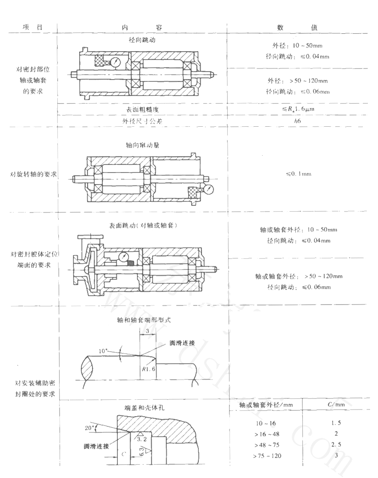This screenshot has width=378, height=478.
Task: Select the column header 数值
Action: pyautogui.click(x=299, y=27)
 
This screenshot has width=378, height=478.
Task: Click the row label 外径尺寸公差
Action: pyautogui.click(x=142, y=120)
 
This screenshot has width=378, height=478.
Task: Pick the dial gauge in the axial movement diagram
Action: pyautogui.click(x=209, y=189)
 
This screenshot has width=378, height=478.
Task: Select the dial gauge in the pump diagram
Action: pyautogui.click(x=125, y=257)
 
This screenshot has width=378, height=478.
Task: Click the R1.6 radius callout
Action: pyautogui.click(x=148, y=369)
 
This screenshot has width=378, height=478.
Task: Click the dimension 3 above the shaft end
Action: pyautogui.click(x=147, y=331)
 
